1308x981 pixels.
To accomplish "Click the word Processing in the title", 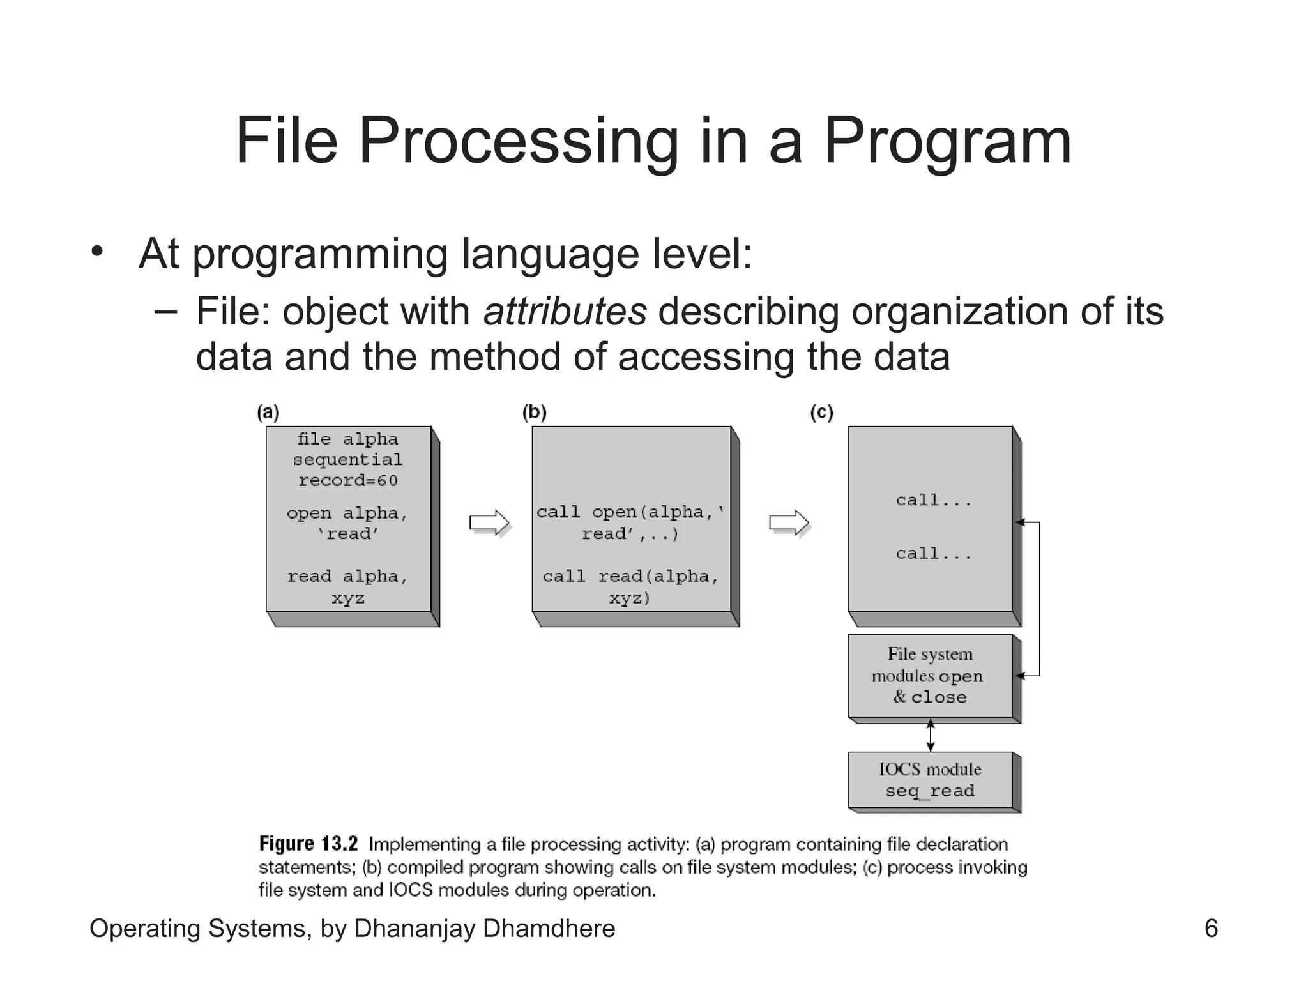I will click(518, 142).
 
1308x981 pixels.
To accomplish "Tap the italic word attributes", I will click(565, 312).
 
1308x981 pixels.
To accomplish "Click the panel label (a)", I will click(268, 413).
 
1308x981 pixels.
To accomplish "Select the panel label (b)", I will click(535, 413).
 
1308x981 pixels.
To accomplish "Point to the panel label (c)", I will click(821, 413).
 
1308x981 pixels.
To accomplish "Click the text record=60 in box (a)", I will click(348, 480).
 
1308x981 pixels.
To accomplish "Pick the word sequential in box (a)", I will click(348, 460).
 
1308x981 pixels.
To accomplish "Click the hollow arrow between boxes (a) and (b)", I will click(489, 523).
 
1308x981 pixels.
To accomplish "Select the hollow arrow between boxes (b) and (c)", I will click(789, 523).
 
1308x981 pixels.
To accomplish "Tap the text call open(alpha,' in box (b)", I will click(630, 512).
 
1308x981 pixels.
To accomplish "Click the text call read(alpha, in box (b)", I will click(630, 577).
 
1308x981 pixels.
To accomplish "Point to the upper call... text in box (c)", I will click(933, 501).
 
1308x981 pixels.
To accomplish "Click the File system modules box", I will click(930, 676).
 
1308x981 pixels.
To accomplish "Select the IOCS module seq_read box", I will click(930, 780).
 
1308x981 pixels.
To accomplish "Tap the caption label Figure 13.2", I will click(308, 844).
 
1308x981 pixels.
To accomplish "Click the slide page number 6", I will click(1211, 928).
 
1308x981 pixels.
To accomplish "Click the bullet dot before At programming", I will click(96, 251).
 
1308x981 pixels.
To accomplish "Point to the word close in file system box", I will click(939, 697).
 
